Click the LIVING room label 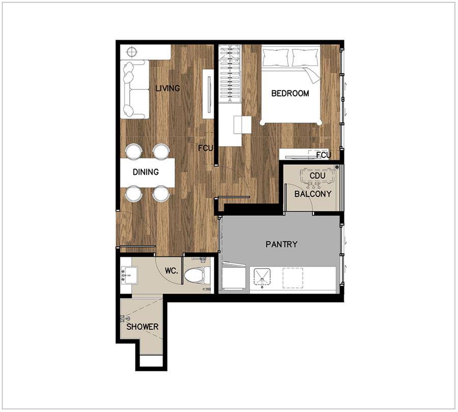(x=167, y=88)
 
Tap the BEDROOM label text (x=290, y=94)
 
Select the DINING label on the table (x=146, y=172)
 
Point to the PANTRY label (x=281, y=244)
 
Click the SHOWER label (x=142, y=327)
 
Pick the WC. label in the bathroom (x=171, y=271)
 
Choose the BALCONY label (x=312, y=194)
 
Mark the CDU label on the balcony (x=317, y=176)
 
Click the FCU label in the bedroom (x=324, y=155)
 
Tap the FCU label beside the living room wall (x=206, y=149)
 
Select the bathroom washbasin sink (x=129, y=275)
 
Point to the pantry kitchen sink (x=262, y=278)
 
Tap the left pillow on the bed (x=275, y=57)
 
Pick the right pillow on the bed (x=305, y=57)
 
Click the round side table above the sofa (x=132, y=52)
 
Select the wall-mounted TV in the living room (x=209, y=94)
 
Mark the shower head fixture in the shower (x=126, y=318)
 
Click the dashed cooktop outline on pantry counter (x=293, y=278)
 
